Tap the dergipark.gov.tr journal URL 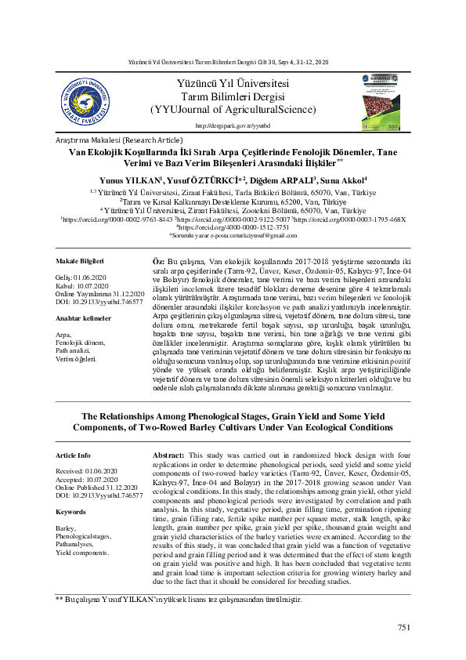pos(232,125)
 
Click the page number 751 pos(404,627)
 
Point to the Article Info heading pos(74,455)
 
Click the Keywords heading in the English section pos(71,512)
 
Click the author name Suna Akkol pos(345,180)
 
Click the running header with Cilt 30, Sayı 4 pos(232,61)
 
